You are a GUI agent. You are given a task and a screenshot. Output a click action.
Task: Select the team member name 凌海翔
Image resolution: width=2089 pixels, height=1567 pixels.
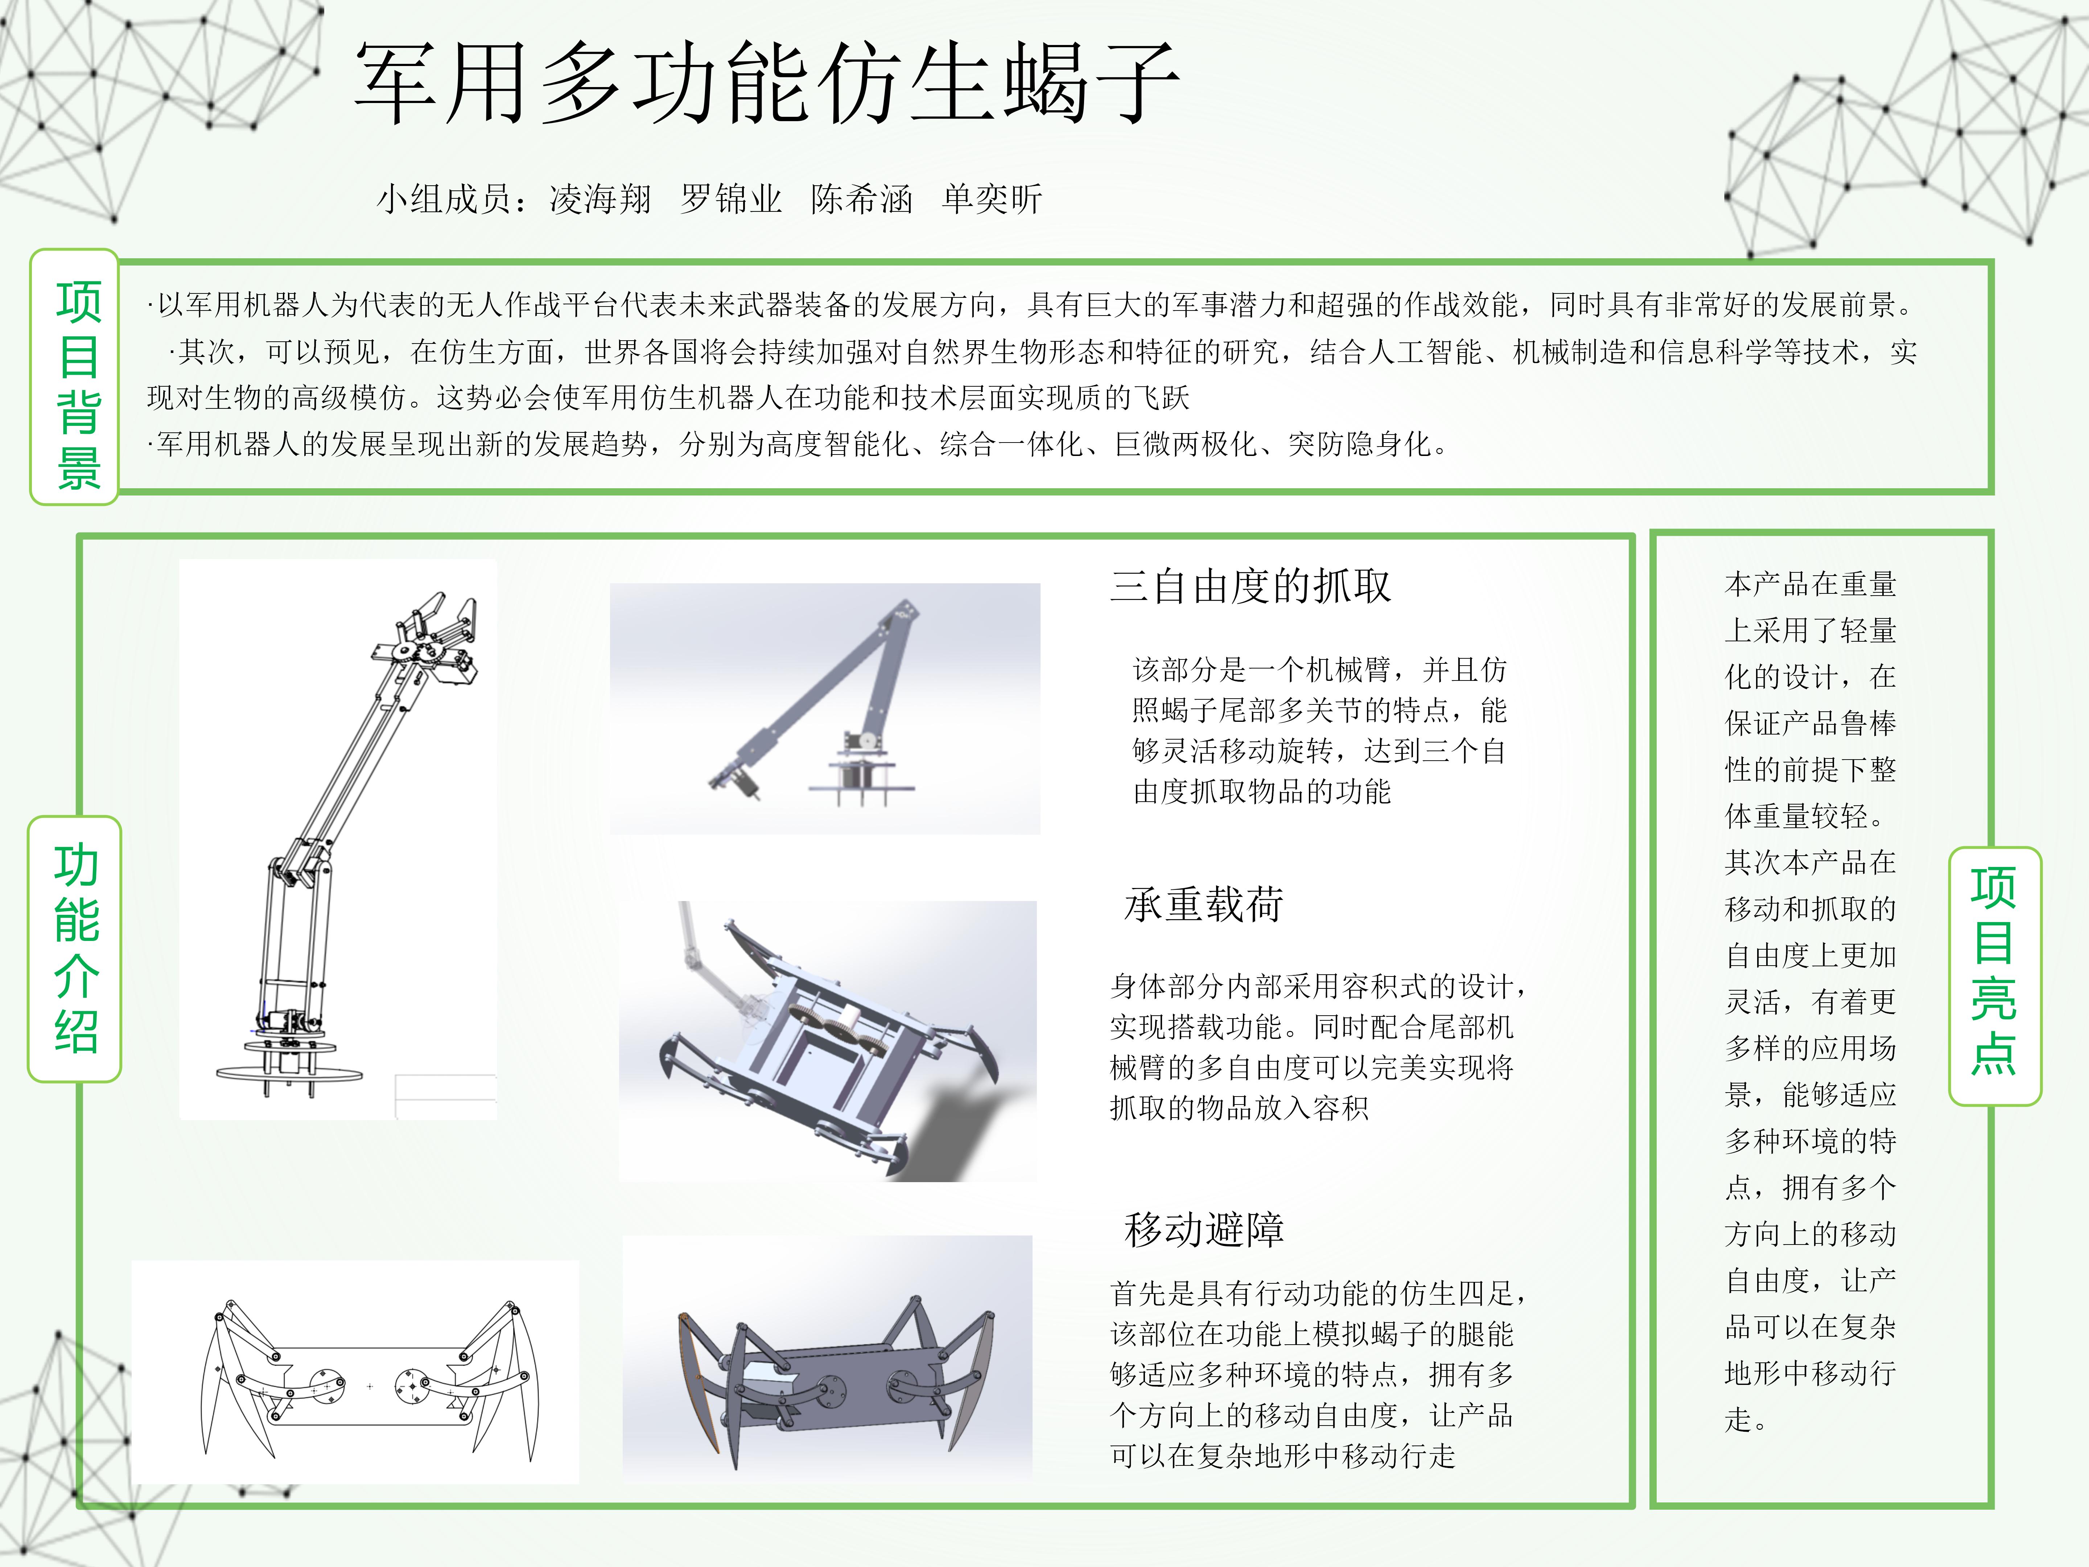tap(601, 199)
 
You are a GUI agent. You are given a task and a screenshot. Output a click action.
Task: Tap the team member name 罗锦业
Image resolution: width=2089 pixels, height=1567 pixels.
tap(731, 199)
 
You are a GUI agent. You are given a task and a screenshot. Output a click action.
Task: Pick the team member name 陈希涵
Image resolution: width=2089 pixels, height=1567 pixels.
tap(861, 199)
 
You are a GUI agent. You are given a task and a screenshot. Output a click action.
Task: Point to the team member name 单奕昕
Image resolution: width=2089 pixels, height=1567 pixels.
tap(992, 199)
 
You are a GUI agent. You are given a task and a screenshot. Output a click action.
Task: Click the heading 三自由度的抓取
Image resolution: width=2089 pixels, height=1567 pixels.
tap(1250, 585)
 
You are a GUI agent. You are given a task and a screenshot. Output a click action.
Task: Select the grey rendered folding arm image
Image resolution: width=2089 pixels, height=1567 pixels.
tap(824, 708)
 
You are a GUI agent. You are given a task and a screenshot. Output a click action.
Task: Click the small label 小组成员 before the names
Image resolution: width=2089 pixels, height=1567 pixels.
tap(444, 199)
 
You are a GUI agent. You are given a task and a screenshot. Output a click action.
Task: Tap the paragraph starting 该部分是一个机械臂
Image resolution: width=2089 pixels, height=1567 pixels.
tap(1319, 730)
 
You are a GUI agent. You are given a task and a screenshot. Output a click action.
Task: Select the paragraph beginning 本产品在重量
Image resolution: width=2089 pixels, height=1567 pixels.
tap(1810, 1001)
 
